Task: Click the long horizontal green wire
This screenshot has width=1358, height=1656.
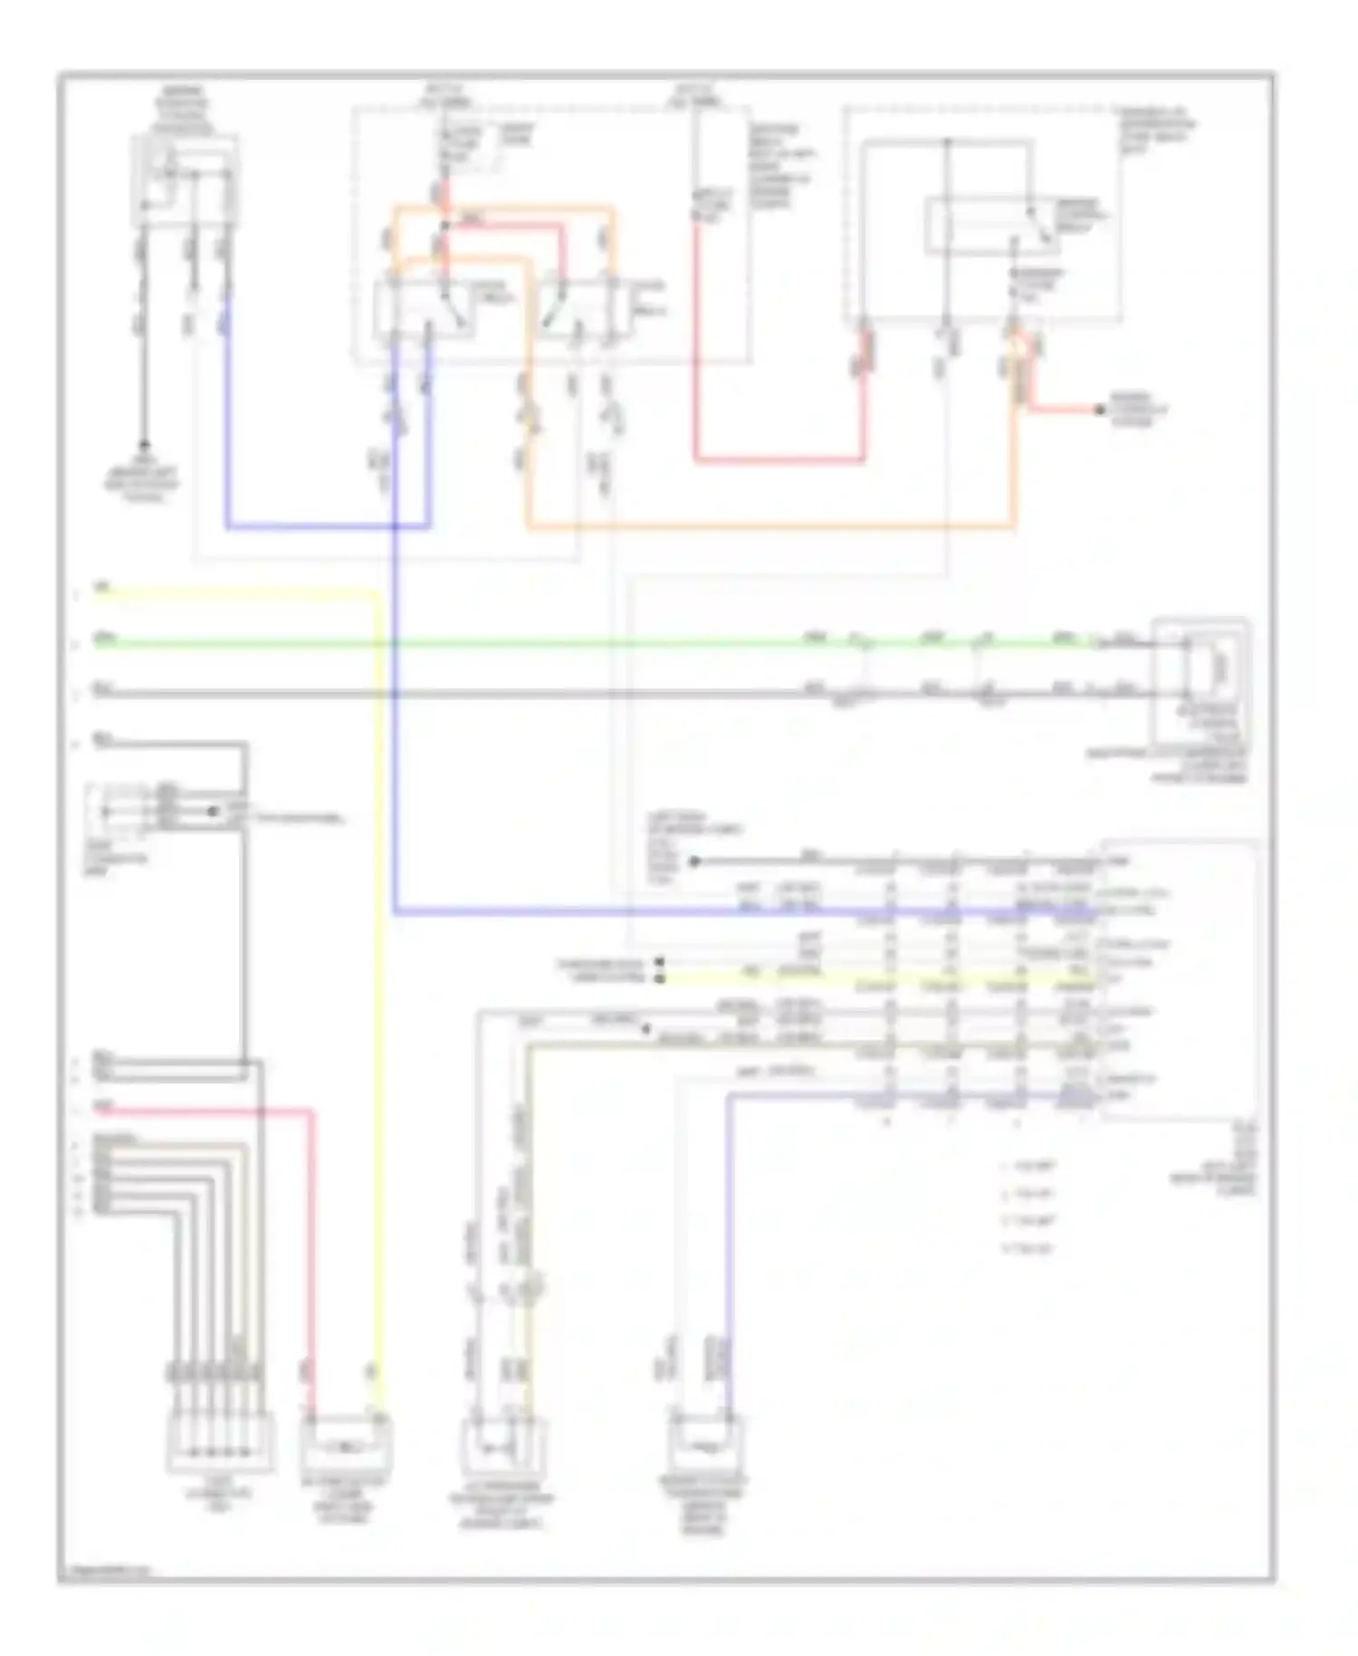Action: (543, 644)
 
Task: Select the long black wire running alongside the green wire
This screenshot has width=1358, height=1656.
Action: (543, 695)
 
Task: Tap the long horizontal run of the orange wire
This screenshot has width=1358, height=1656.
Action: (770, 525)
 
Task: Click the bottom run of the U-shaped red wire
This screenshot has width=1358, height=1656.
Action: (779, 459)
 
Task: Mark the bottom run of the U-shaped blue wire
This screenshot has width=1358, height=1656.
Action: (326, 525)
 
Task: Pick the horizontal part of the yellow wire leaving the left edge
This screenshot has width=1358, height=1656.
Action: (235, 594)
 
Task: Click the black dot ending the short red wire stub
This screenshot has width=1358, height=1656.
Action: (1099, 410)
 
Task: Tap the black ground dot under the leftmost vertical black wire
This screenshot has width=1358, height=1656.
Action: (143, 446)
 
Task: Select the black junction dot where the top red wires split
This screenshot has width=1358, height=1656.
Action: (445, 224)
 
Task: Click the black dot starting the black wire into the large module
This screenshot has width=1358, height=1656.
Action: (694, 861)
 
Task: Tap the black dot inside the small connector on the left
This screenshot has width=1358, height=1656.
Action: (213, 812)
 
